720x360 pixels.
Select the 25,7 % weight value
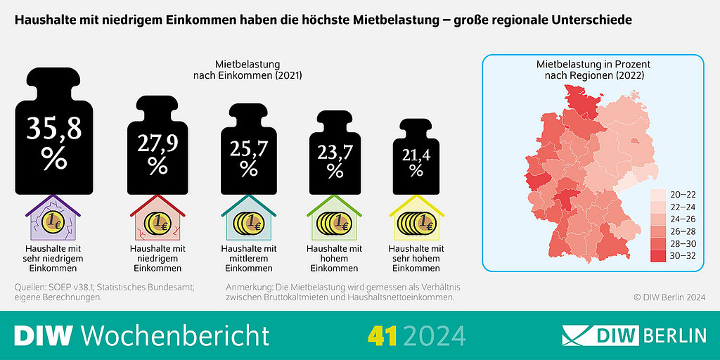[x=248, y=159]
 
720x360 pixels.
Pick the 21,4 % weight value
[x=416, y=163]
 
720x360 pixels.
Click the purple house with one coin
[x=53, y=219]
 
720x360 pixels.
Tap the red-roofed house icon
[x=157, y=219]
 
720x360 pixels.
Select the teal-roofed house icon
[x=248, y=219]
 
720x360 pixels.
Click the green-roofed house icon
[x=335, y=219]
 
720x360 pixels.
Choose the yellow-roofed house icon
[x=416, y=219]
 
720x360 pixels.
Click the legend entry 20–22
[x=673, y=194]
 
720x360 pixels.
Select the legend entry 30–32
[x=673, y=256]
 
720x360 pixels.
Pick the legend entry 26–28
[x=673, y=231]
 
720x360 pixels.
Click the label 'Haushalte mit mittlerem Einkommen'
[x=248, y=259]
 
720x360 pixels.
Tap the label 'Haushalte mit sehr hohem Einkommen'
[x=416, y=259]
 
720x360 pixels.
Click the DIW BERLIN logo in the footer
[x=634, y=335]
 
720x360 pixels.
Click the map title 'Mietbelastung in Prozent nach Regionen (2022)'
[x=593, y=70]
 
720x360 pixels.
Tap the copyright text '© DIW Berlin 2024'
[x=669, y=297]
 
